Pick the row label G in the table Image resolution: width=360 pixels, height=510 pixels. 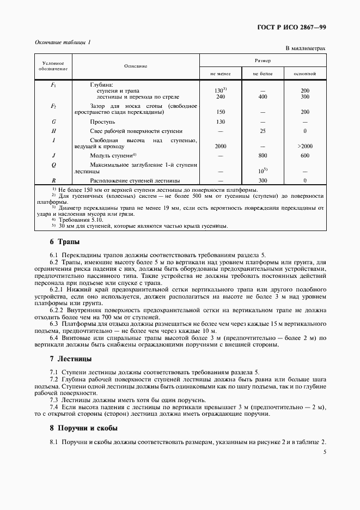tap(53, 122)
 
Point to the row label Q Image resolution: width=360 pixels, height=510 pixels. tap(53, 163)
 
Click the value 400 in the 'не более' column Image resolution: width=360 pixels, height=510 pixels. tap(263, 97)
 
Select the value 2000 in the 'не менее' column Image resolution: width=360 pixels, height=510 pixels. tap(221, 146)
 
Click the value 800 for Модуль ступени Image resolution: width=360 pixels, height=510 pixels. tap(263, 155)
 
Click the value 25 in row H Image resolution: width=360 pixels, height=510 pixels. tap(263, 131)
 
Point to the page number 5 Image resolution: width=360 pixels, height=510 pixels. tap(324, 451)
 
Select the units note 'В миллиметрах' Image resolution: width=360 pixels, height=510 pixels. tap(306, 48)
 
